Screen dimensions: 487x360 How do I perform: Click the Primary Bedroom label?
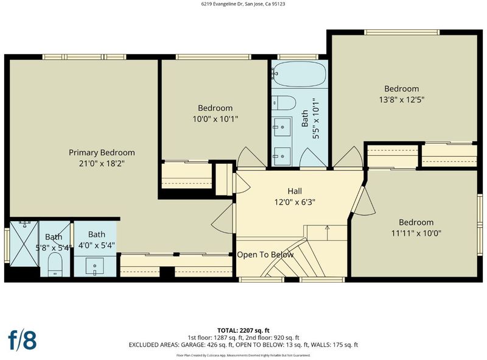point(102,153)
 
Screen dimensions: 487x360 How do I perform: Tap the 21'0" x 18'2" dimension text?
point(102,163)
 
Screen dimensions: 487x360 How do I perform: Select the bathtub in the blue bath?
point(300,74)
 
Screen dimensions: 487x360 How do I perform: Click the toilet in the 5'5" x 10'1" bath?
point(284,102)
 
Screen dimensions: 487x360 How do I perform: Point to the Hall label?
point(295,191)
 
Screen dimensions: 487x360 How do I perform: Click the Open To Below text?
point(265,255)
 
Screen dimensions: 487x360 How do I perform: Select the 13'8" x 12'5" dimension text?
point(402,100)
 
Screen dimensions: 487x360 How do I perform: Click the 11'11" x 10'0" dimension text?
point(416,233)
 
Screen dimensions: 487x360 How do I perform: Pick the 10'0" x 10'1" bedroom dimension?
point(215,119)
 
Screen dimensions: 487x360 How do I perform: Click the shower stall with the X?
point(24,244)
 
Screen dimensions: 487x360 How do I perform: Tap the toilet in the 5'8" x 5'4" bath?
point(55,264)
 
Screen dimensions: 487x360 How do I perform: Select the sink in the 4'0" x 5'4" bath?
point(95,266)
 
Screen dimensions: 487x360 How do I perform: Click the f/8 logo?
point(23,341)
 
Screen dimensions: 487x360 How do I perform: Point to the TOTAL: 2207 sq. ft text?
point(243,331)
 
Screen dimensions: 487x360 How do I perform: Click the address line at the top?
point(243,4)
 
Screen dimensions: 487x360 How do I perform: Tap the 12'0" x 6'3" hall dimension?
point(295,202)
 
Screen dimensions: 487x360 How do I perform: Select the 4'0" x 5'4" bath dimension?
point(97,245)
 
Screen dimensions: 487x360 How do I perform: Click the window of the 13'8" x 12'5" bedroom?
point(402,32)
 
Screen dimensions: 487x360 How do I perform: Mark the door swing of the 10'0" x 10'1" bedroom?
point(247,157)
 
